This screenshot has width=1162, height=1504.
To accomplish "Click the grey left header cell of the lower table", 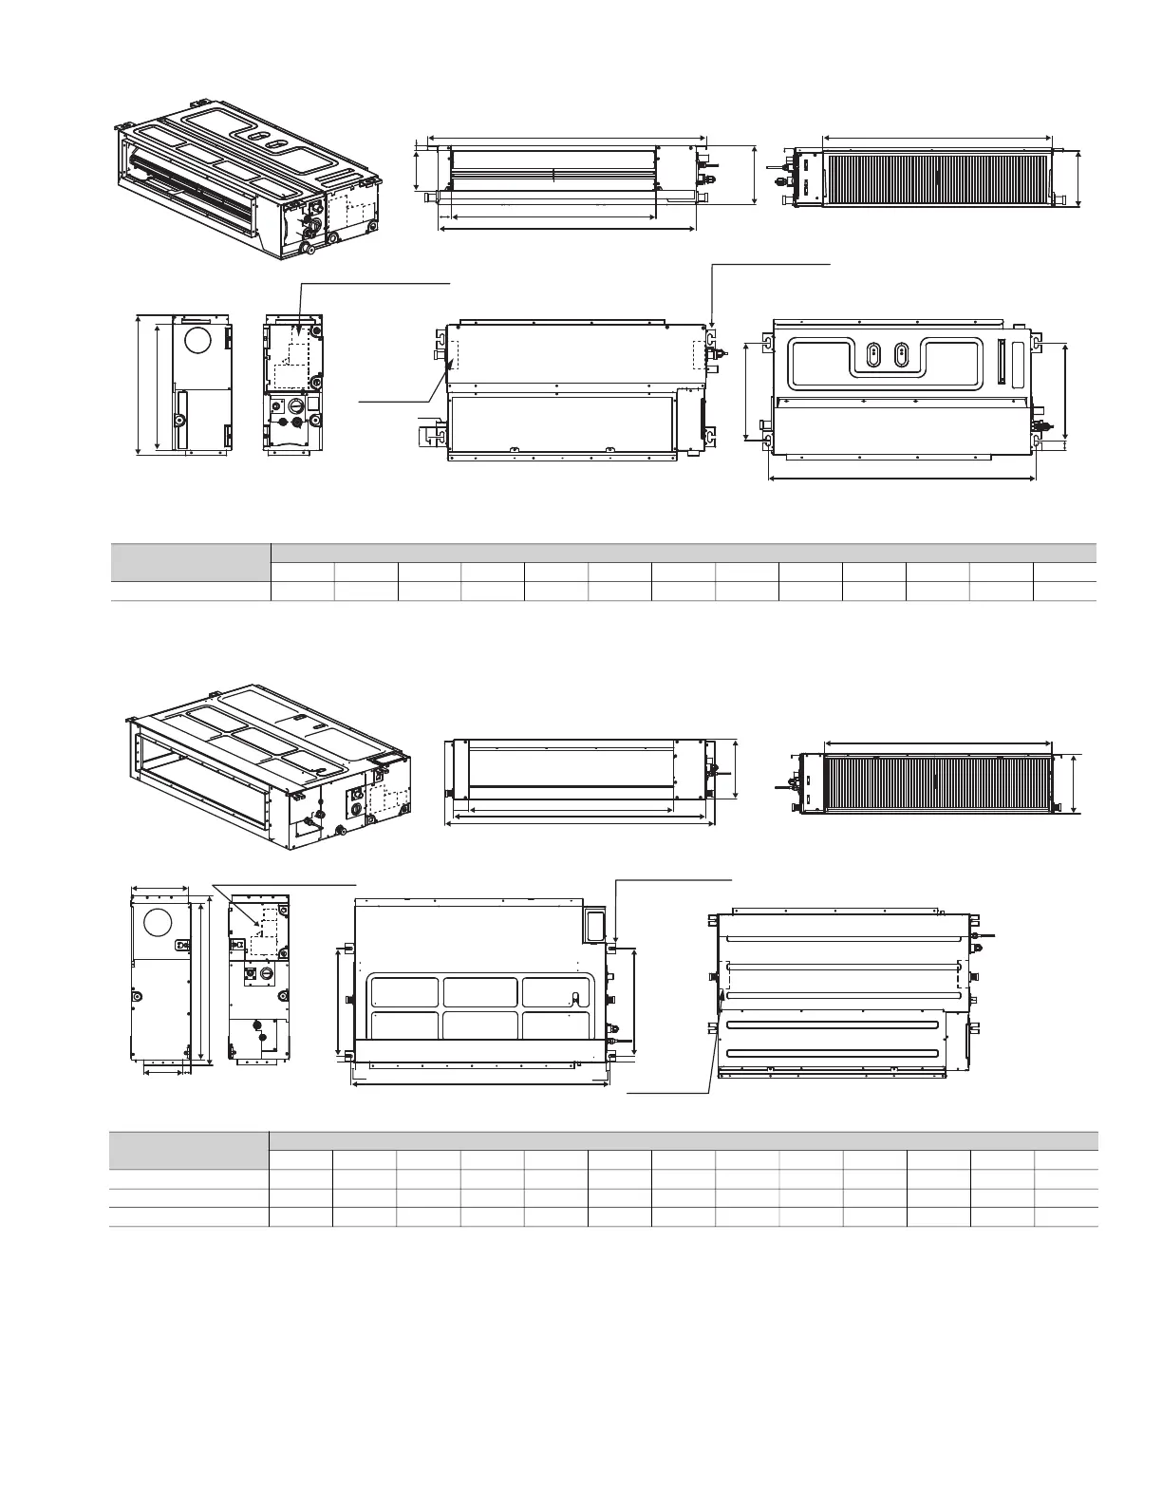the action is tap(189, 1149).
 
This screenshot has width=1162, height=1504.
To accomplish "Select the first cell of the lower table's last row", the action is tap(189, 1216).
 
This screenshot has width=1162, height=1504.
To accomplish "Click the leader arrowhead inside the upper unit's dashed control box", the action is tap(299, 329).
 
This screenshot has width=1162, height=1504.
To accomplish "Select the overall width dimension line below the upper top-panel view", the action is tap(902, 479).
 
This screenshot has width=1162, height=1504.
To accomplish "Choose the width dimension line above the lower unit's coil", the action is tap(939, 743).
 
